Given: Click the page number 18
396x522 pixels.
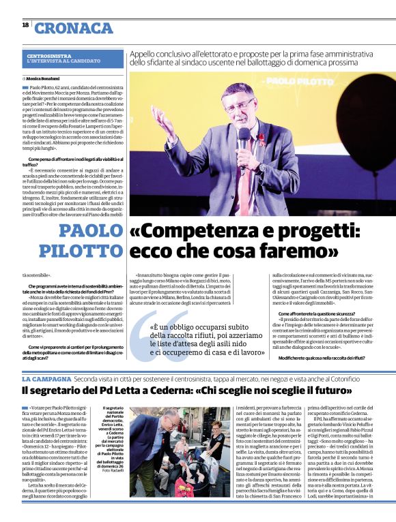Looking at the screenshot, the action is point(25,25).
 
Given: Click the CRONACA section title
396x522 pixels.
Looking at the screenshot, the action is point(74,28).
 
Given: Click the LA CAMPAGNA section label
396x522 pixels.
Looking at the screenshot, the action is point(45,378).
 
